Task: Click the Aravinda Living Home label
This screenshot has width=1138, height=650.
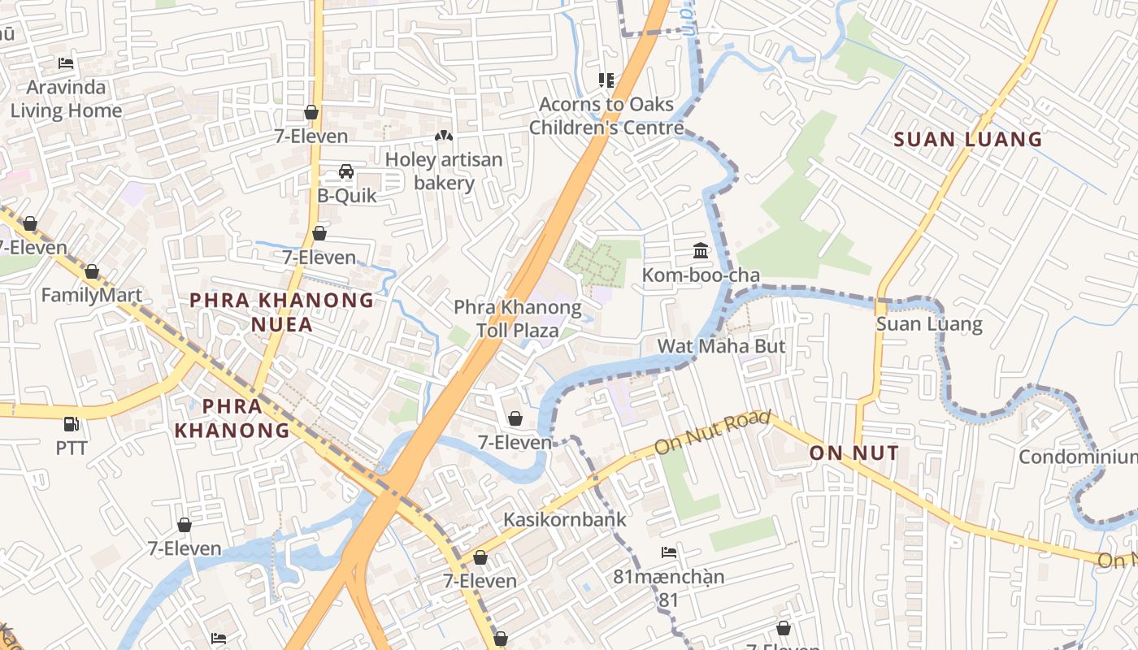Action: pyautogui.click(x=66, y=99)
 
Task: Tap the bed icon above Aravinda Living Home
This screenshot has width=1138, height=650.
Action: pyautogui.click(x=66, y=63)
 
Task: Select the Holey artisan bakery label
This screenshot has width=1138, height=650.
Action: pyautogui.click(x=444, y=171)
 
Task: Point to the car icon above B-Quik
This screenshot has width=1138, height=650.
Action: pyautogui.click(x=346, y=171)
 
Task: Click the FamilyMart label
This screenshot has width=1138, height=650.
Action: pyautogui.click(x=92, y=295)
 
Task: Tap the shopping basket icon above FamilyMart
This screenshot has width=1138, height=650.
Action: pyautogui.click(x=92, y=271)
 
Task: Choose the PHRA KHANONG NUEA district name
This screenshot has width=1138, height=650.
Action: pyautogui.click(x=281, y=312)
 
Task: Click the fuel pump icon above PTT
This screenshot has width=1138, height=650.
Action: pyautogui.click(x=72, y=423)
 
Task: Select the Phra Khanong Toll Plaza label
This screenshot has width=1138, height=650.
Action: pyautogui.click(x=518, y=318)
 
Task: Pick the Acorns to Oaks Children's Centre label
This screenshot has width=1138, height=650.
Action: pyautogui.click(x=606, y=115)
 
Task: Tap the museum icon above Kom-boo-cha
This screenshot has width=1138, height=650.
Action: pyautogui.click(x=701, y=251)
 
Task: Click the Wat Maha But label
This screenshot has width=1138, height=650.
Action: pyautogui.click(x=721, y=346)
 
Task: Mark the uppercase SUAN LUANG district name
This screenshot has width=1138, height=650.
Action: pyautogui.click(x=967, y=139)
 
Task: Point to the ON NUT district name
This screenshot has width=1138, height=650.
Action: pyautogui.click(x=854, y=453)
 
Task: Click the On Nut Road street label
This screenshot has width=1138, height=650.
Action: pyautogui.click(x=712, y=432)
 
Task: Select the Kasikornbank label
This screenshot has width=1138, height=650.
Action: pyautogui.click(x=565, y=519)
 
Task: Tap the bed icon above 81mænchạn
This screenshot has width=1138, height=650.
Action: pyautogui.click(x=669, y=552)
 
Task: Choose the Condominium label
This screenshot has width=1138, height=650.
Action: pyautogui.click(x=1078, y=457)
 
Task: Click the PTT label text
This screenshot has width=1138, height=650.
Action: pyautogui.click(x=72, y=448)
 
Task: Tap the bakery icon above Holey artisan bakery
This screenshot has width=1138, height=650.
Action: pyautogui.click(x=444, y=136)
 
